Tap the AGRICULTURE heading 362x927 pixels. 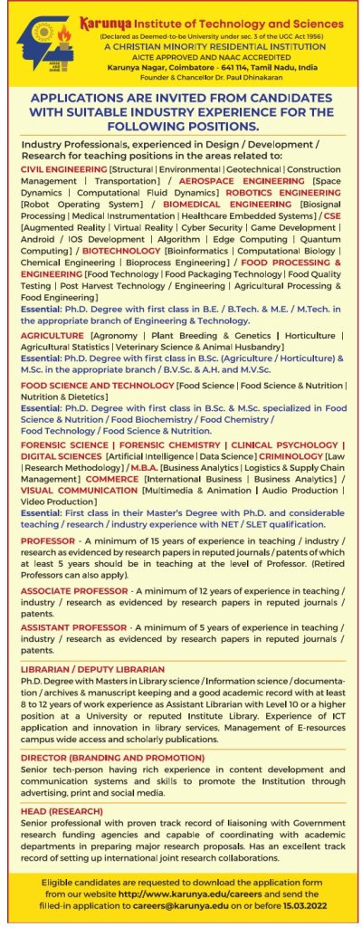tap(53, 335)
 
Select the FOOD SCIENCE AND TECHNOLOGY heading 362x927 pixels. tap(97, 386)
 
